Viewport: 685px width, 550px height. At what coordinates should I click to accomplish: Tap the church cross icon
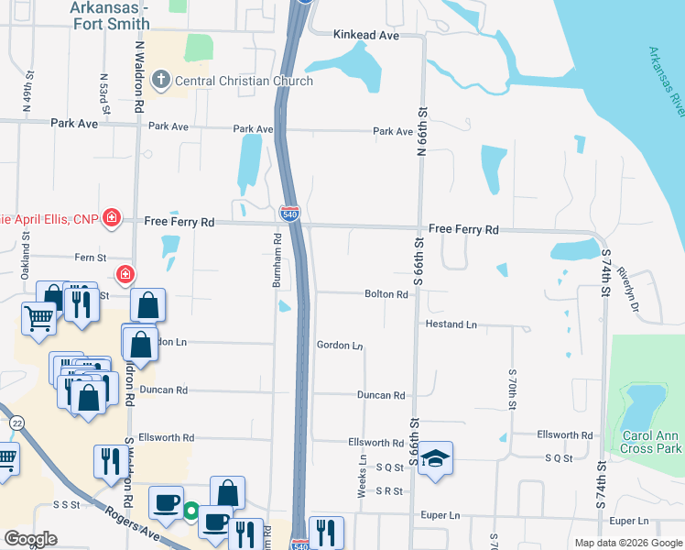tap(162, 81)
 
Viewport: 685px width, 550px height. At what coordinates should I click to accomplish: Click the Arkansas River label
tap(667, 82)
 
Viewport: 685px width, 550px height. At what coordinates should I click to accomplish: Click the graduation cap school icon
tap(437, 457)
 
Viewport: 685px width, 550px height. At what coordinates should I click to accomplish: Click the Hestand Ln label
tap(451, 324)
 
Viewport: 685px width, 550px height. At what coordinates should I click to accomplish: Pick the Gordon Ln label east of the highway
tap(340, 346)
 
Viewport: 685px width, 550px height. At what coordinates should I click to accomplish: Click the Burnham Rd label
tap(276, 260)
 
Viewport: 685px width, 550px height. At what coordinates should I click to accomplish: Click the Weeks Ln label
tap(364, 477)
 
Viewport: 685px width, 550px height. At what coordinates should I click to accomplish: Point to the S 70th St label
tap(513, 389)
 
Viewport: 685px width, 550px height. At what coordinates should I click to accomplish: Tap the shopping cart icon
tap(38, 320)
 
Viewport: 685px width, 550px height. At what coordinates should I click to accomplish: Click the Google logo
tap(31, 539)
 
